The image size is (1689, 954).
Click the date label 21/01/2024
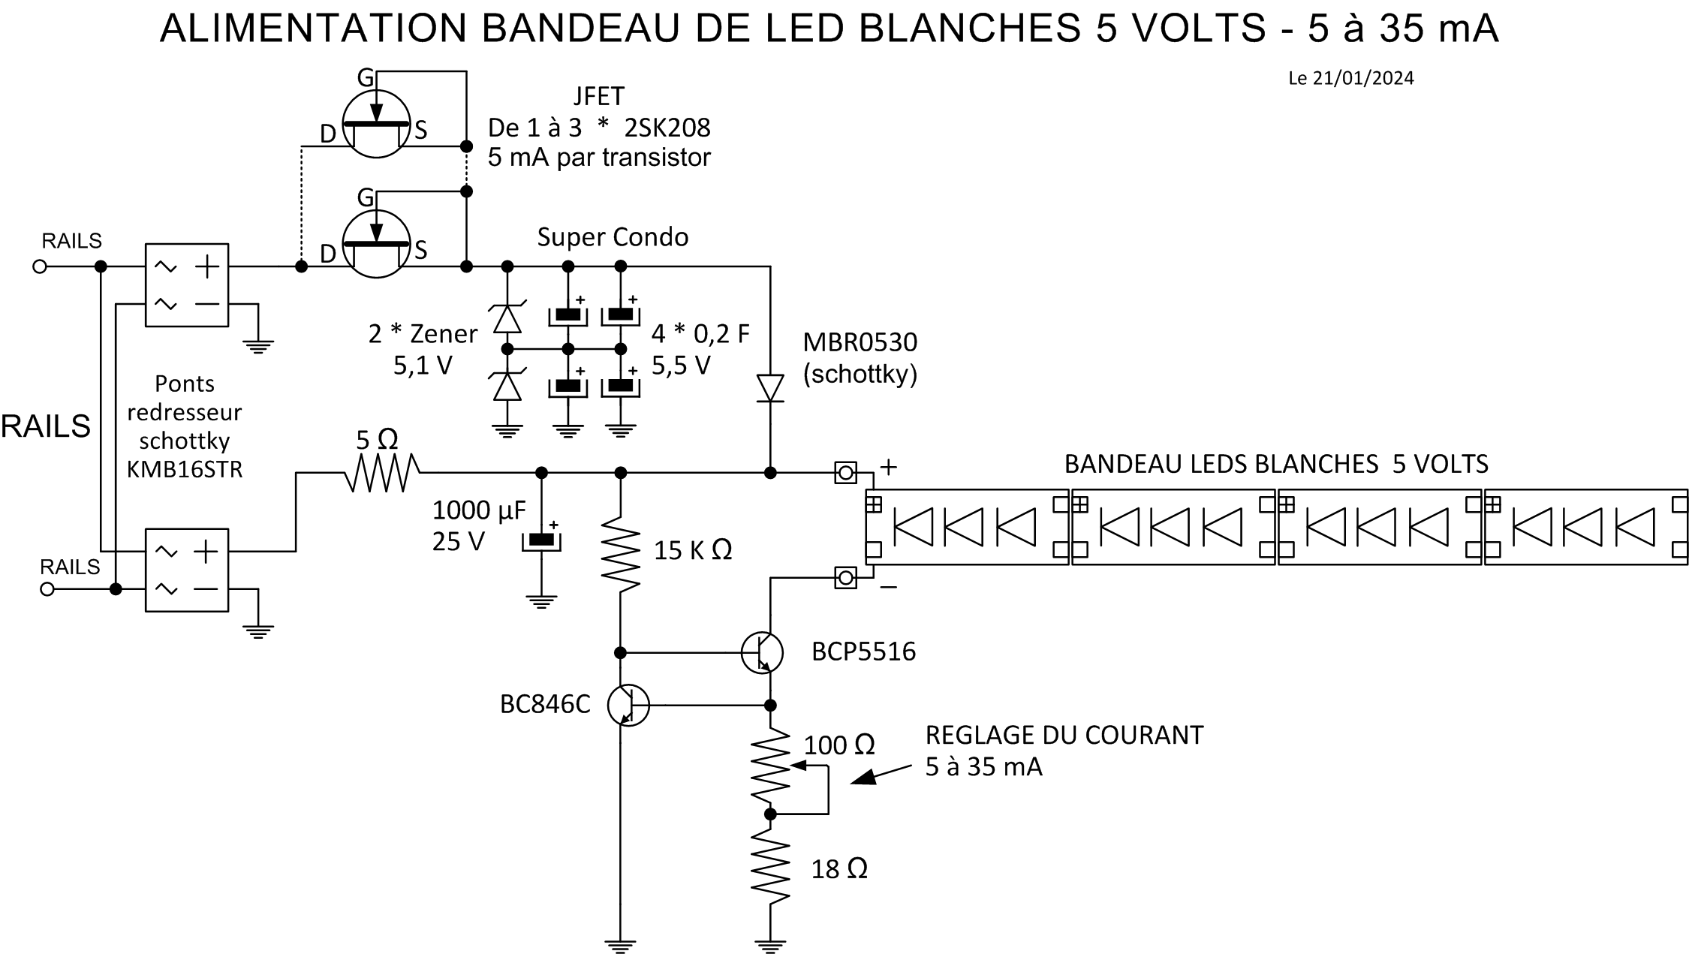(1362, 78)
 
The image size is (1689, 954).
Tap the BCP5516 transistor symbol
(762, 652)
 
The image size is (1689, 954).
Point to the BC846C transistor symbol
(628, 705)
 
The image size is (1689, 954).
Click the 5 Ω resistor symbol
(382, 473)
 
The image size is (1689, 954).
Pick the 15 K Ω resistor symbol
(621, 554)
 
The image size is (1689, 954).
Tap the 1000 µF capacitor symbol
(541, 540)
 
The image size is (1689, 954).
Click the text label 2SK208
(667, 128)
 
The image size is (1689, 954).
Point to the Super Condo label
(613, 237)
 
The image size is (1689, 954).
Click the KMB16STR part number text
(185, 470)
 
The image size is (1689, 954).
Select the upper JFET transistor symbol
(376, 124)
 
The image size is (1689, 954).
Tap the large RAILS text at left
(46, 426)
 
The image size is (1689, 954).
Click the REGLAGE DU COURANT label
(1064, 735)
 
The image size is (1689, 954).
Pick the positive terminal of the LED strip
(846, 473)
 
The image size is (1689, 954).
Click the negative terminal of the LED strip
(846, 578)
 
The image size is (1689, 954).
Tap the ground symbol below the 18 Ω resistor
(770, 946)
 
